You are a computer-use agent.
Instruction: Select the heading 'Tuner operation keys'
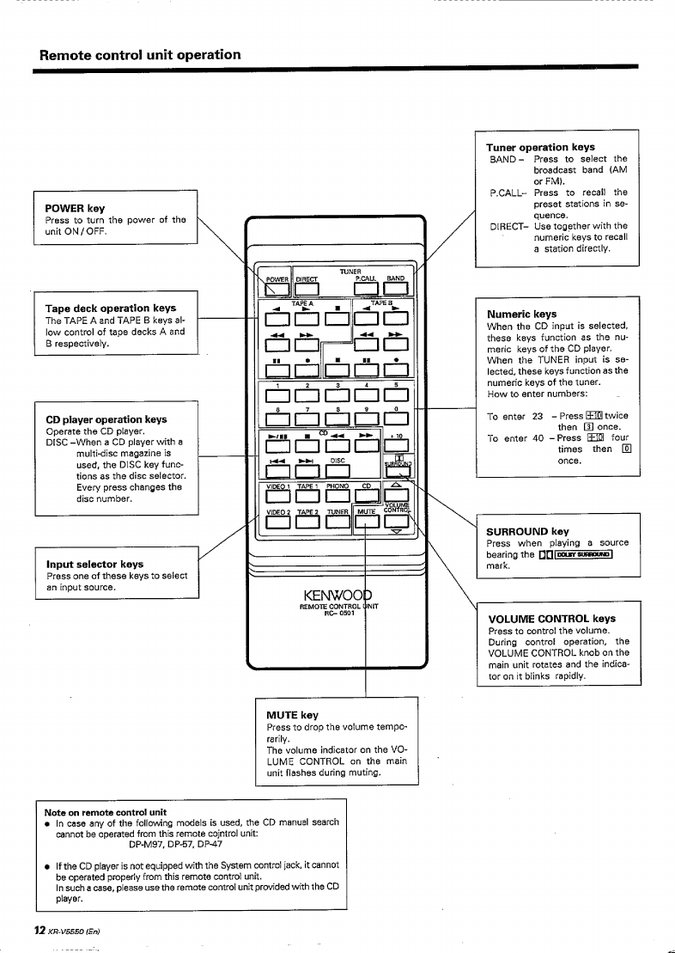coord(540,147)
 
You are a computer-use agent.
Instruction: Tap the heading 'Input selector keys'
coord(95,564)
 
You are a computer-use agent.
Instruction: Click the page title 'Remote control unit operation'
coord(140,55)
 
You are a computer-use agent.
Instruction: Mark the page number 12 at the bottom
coord(39,931)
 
